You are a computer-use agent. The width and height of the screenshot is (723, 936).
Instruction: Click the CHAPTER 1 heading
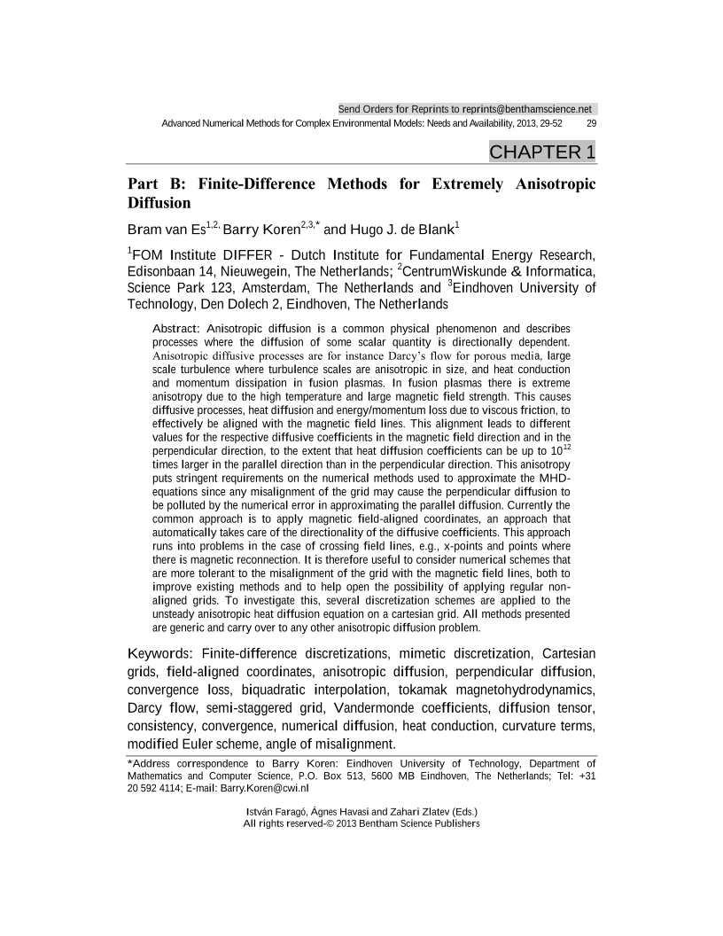(541, 152)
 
